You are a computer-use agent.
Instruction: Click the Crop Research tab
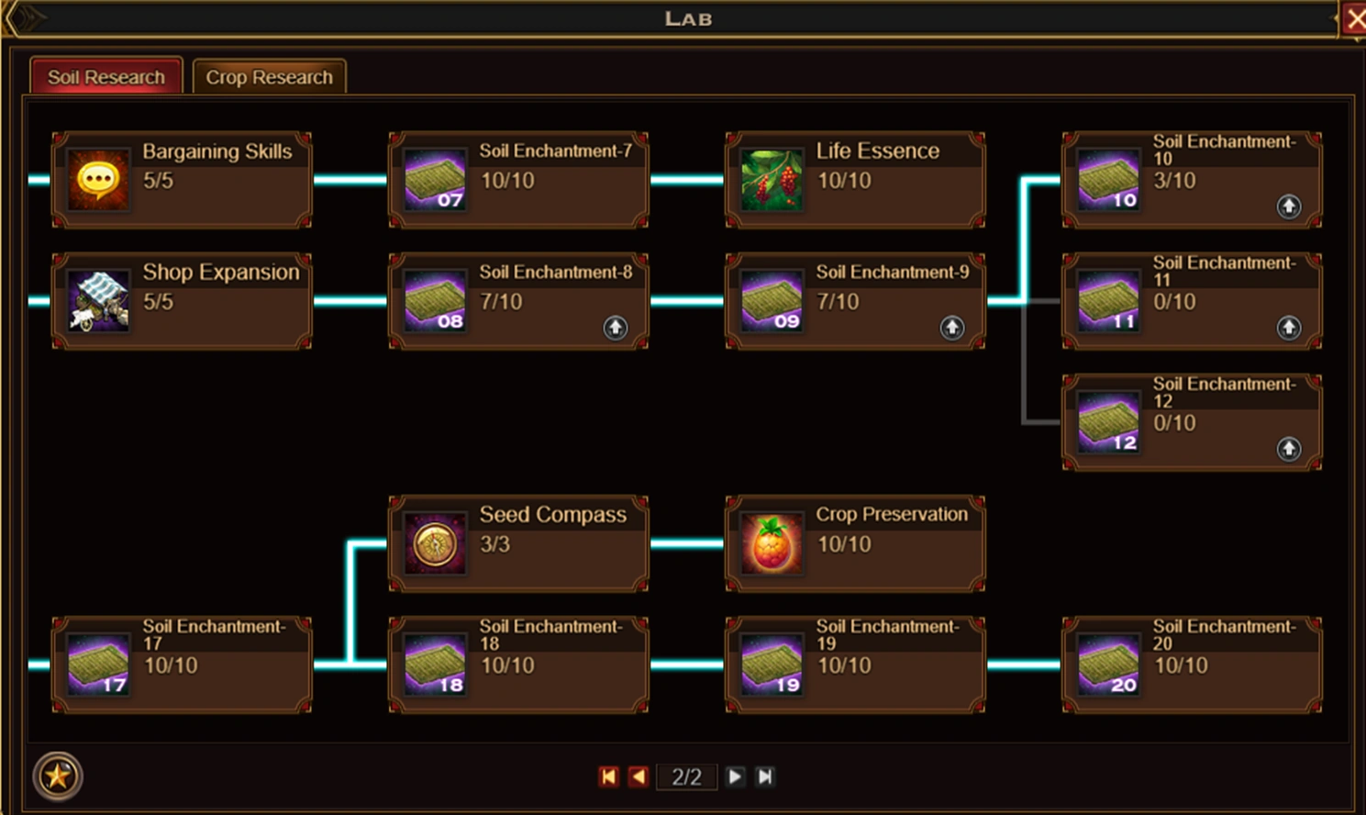[269, 77]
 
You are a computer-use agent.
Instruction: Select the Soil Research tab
[106, 77]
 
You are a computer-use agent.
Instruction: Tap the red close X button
[1355, 19]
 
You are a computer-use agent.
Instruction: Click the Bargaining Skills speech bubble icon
[98, 180]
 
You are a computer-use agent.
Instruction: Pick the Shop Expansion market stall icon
[98, 301]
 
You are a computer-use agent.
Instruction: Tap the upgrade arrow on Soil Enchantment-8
[616, 328]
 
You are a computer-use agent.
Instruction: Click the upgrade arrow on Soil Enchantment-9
[952, 328]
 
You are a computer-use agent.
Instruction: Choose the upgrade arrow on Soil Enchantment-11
[1289, 328]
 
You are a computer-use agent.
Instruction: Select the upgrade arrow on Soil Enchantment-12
[1289, 449]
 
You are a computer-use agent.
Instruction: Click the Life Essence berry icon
[772, 180]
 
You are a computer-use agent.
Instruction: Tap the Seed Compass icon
[435, 544]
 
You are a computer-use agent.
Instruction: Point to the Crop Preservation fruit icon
[772, 544]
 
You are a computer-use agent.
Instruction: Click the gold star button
[58, 776]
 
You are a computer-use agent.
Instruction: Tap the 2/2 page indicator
[686, 777]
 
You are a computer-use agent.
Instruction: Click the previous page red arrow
[639, 777]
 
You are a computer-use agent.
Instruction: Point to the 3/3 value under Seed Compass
[495, 544]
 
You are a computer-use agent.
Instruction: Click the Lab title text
[688, 19]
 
